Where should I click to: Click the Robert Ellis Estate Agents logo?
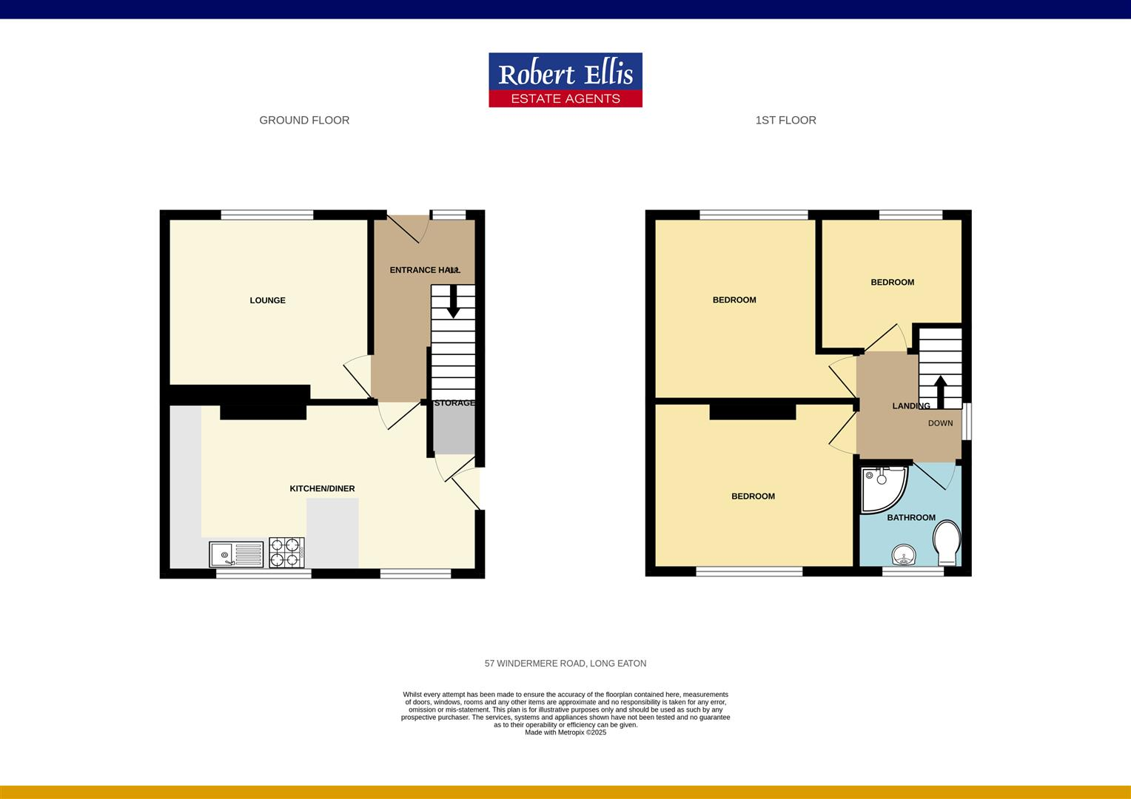point(565,80)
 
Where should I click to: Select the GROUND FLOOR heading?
point(304,120)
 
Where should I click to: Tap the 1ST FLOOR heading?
point(785,120)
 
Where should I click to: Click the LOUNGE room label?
point(267,300)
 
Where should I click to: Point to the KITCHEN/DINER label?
point(322,488)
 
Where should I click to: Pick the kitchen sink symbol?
point(236,553)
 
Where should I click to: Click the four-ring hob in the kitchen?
point(286,552)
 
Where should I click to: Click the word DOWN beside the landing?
point(941,423)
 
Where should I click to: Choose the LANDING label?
point(911,405)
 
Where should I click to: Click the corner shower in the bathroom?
point(882,488)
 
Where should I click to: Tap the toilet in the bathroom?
point(947,539)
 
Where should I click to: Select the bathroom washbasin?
point(903,554)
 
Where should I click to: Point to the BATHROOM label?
point(911,517)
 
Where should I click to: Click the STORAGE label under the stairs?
point(454,403)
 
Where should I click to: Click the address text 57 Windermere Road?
point(565,664)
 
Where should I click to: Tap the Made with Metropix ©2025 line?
point(565,732)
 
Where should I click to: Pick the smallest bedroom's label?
point(892,282)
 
